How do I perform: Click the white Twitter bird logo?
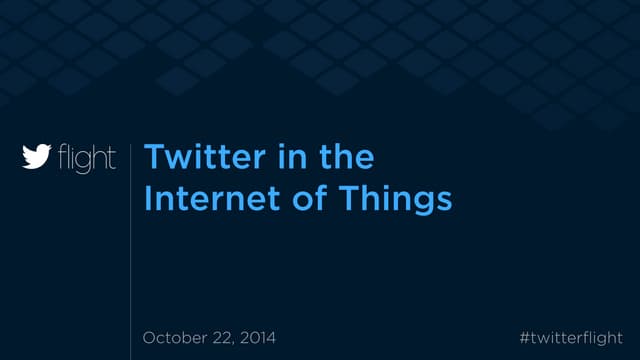pos(37,158)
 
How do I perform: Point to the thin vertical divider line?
pos(131,250)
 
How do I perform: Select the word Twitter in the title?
pos(194,158)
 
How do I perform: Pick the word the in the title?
pos(346,158)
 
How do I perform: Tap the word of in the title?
pos(302,199)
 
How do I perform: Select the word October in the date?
pos(176,338)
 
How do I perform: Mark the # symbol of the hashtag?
pos(525,338)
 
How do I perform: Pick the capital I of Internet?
pos(147,199)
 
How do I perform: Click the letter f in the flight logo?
pos(62,158)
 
